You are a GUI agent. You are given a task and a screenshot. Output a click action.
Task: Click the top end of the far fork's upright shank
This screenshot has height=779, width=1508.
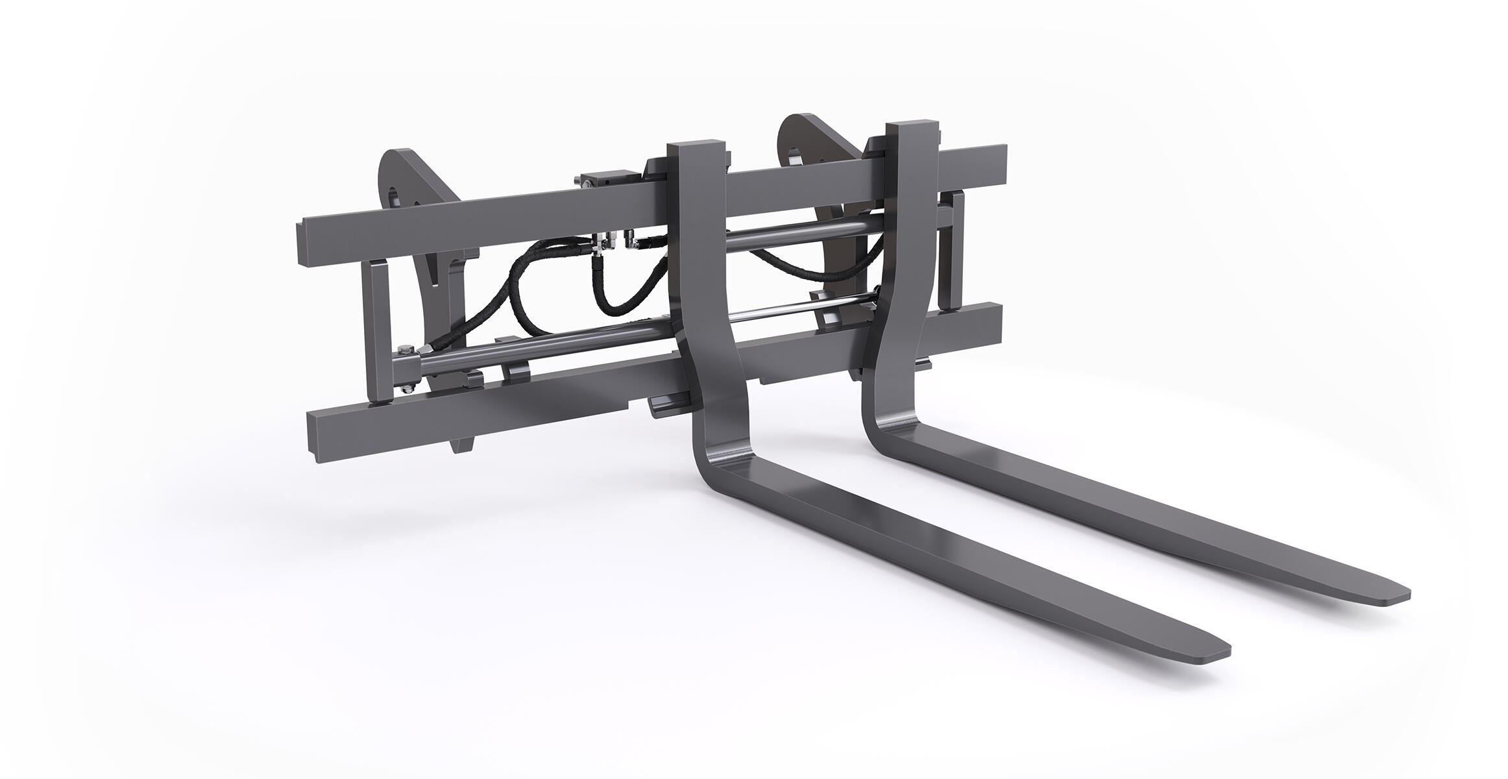pyautogui.click(x=914, y=127)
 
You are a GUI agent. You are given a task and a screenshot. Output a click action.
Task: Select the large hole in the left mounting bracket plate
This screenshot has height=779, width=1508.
pyautogui.click(x=397, y=196)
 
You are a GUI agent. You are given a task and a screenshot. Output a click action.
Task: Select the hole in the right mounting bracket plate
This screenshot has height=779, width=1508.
pyautogui.click(x=795, y=156)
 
